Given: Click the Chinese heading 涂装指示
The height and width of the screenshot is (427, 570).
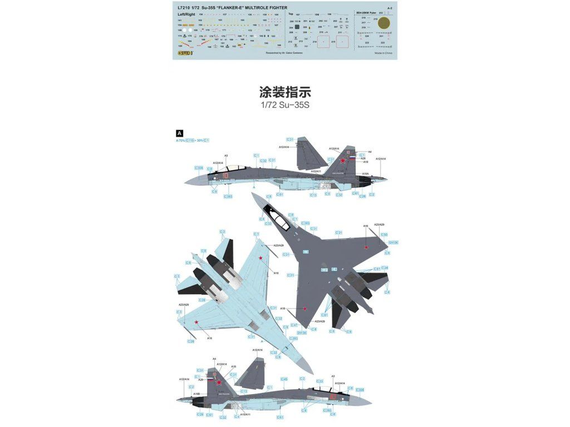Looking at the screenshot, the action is point(284,92).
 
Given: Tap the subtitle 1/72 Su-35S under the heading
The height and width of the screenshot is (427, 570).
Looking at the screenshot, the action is point(284,105).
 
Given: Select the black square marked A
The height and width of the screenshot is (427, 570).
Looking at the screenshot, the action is point(179,133).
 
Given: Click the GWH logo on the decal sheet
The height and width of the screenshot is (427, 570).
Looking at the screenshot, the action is point(182,54).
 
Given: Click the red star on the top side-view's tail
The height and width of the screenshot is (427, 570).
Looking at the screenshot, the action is point(343,160).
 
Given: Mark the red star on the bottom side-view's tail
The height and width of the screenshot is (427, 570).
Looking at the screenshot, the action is point(219,382).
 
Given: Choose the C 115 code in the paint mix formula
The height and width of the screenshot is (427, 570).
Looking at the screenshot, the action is point(190,140).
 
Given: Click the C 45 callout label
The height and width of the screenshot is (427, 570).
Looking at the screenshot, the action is point(284,379).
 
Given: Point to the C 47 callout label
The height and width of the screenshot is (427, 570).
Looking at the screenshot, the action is point(294,325).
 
